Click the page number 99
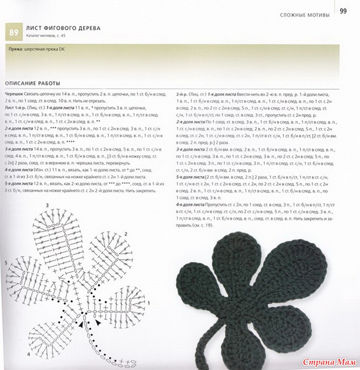(343, 11)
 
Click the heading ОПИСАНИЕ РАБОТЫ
(32, 83)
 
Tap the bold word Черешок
(14, 93)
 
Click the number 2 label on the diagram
(125, 233)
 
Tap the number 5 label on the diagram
(6, 263)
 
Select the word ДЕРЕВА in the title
(87, 27)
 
